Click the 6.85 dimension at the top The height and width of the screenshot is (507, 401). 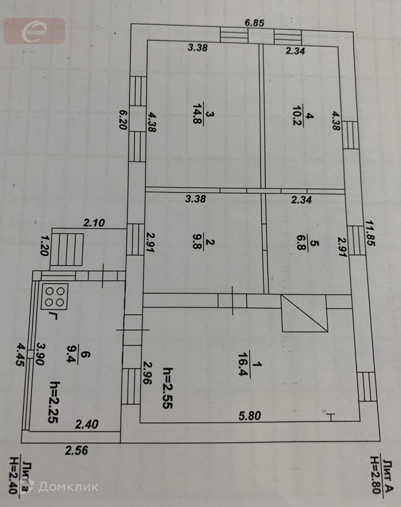click(254, 23)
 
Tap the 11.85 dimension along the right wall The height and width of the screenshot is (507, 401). click(370, 232)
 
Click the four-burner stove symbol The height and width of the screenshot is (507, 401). click(55, 296)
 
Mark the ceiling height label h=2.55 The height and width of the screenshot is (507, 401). click(168, 388)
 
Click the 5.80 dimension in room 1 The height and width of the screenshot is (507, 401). click(250, 415)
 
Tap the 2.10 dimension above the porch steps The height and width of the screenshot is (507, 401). click(94, 223)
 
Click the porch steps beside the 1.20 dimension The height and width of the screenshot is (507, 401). click(70, 249)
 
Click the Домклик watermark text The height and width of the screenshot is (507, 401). click(68, 486)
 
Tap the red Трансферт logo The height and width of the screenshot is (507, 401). click(34, 31)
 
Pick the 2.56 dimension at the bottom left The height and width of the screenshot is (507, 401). click(76, 450)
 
